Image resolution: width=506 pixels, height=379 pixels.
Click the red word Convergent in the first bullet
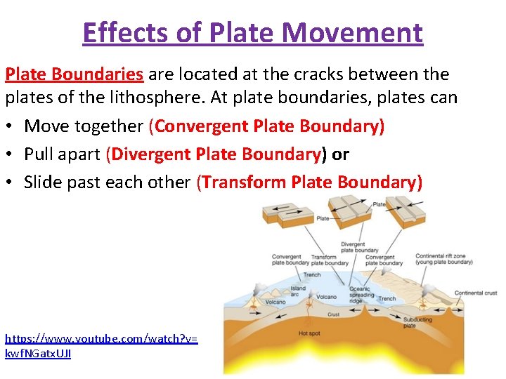coord(202,126)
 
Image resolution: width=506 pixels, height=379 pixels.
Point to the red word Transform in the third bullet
coord(245,182)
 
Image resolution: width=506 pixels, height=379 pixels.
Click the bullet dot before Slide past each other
coord(11,182)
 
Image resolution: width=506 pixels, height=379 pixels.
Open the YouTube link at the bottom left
coord(101,345)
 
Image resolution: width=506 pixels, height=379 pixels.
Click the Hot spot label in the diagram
coord(309,333)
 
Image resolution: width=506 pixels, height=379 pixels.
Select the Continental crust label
coord(476,293)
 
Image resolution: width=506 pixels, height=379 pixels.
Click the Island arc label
coord(298,291)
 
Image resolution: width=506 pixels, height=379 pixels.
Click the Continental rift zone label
coord(443,259)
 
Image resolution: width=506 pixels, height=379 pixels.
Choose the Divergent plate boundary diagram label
coord(359,247)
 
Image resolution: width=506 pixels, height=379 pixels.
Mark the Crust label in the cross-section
coord(333,314)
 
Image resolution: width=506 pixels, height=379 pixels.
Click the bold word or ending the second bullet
coord(340,154)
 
